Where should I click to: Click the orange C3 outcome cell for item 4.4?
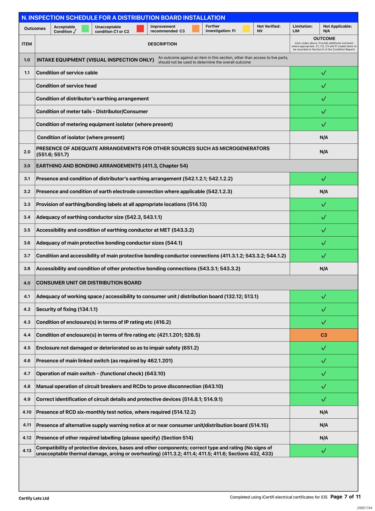click(324, 335)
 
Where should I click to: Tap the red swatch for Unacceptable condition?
click(140, 29)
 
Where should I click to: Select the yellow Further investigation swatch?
click(246, 29)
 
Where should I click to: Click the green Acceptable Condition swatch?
click(85, 29)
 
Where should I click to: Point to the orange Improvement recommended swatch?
click(196, 29)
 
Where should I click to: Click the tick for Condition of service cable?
click(324, 73)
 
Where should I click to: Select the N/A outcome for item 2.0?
click(324, 152)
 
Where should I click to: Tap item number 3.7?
click(27, 256)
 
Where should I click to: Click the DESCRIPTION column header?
click(162, 44)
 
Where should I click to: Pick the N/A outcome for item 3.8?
click(324, 269)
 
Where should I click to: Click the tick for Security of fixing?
click(324, 309)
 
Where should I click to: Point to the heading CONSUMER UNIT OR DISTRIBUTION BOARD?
click(89, 283)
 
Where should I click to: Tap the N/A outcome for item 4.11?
click(324, 425)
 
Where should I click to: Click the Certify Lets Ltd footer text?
click(34, 498)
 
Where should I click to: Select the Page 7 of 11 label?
click(345, 497)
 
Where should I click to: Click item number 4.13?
click(27, 451)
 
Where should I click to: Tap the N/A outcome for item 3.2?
click(324, 192)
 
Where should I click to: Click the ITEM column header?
click(27, 44)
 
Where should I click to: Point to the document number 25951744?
click(364, 508)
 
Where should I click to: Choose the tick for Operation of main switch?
click(324, 374)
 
